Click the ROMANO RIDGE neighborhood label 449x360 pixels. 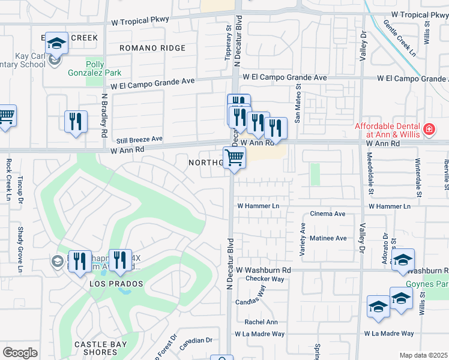pyautogui.click(x=152, y=47)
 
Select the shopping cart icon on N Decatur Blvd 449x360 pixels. pyautogui.click(x=234, y=158)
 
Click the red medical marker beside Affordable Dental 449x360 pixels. pyautogui.click(x=429, y=129)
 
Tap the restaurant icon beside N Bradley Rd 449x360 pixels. pyautogui.click(x=76, y=122)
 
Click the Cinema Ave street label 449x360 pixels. pyautogui.click(x=327, y=214)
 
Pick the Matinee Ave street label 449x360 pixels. pyautogui.click(x=328, y=238)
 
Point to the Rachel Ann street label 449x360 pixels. pyautogui.click(x=261, y=322)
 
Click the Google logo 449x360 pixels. pyautogui.click(x=20, y=352)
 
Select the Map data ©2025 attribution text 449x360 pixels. pyautogui.click(x=423, y=355)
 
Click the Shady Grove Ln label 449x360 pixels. pyautogui.click(x=20, y=252)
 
